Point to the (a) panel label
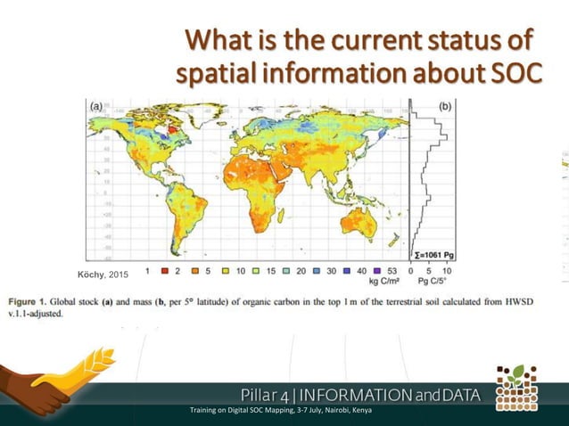click(97, 105)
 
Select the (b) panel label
click(445, 105)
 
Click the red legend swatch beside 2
click(165, 268)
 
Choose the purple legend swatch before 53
click(378, 268)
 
